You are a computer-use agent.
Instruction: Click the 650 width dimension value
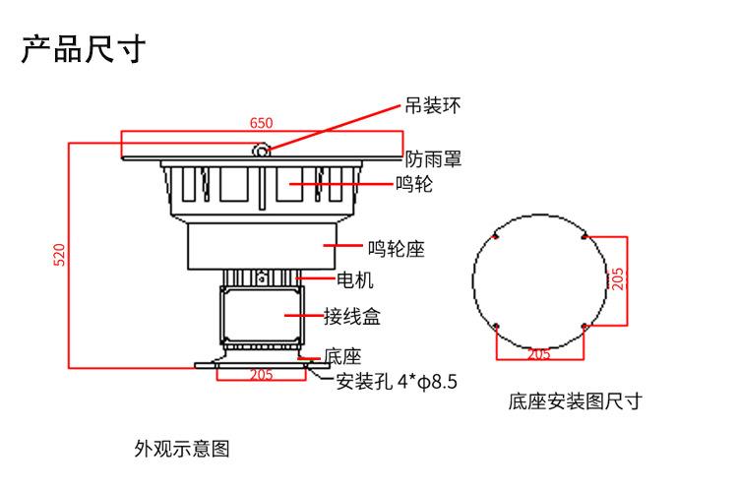coord(261,124)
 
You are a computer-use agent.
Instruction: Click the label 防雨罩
coord(434,158)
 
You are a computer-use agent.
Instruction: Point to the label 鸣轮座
coord(396,249)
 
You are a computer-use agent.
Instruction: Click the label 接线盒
coord(352,317)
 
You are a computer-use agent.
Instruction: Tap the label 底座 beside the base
coord(344,356)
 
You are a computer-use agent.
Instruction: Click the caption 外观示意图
coord(182,450)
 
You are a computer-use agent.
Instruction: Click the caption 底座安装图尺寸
coord(576,401)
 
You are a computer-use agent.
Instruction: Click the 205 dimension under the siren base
coord(261,375)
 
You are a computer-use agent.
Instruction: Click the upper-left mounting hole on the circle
coord(497,237)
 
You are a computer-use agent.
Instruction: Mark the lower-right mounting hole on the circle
coord(584,326)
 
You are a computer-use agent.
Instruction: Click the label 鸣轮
coord(413,184)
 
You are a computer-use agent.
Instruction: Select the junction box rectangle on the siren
coord(258,315)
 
